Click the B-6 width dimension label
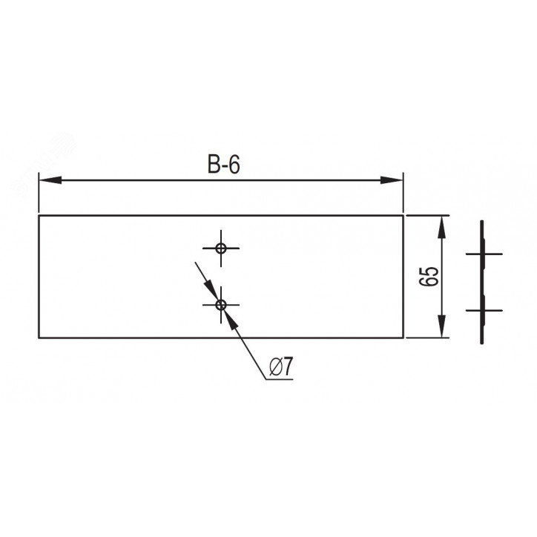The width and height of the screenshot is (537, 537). pyautogui.click(x=224, y=165)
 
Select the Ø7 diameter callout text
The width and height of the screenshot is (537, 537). pyautogui.click(x=282, y=366)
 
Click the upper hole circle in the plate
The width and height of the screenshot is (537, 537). pyautogui.click(x=221, y=248)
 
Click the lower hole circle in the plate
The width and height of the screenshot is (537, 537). pyautogui.click(x=221, y=304)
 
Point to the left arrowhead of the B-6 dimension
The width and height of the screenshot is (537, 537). pyautogui.click(x=50, y=179)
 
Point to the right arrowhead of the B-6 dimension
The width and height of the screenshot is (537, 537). pyautogui.click(x=392, y=179)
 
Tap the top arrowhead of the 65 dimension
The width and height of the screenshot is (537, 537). pyautogui.click(x=442, y=227)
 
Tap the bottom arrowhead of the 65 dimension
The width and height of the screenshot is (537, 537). pyautogui.click(x=442, y=326)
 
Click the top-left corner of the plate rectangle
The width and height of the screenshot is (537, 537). pyautogui.click(x=39, y=216)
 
